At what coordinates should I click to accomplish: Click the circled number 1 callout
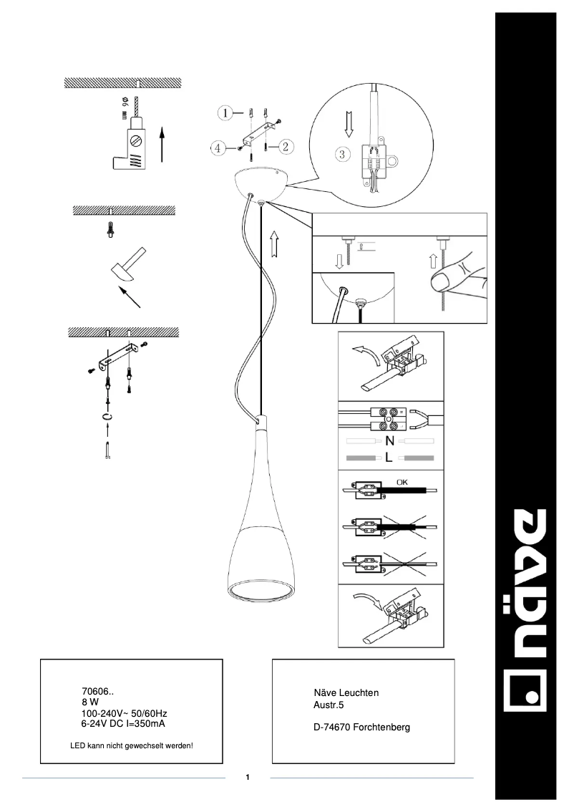point(225,113)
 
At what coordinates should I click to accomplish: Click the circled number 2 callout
point(284,147)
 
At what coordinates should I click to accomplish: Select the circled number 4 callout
point(218,148)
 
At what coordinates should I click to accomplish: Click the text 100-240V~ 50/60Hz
point(125,714)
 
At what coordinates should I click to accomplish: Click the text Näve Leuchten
point(346,692)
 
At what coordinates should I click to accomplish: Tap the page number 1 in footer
point(247,777)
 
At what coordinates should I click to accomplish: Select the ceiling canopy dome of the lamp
point(261,181)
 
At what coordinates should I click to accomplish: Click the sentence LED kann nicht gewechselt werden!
point(132,746)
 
